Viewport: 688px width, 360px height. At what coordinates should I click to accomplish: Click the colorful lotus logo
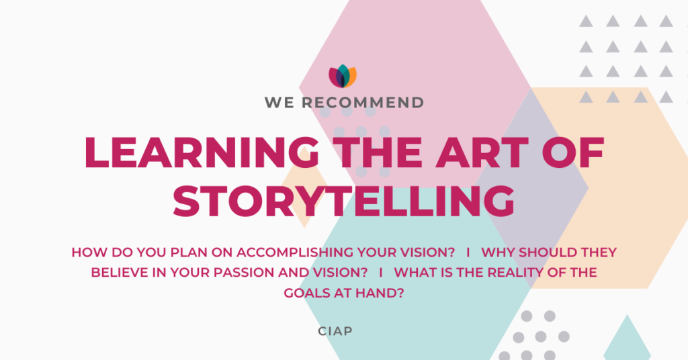[343, 77]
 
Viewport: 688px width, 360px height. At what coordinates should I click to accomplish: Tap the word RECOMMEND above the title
[363, 103]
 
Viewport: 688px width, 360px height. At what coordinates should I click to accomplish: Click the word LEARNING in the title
[202, 152]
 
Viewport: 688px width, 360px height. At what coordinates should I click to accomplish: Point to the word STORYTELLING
[343, 201]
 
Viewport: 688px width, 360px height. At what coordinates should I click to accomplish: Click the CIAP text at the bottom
[335, 331]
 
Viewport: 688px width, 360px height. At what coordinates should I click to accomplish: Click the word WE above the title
[279, 103]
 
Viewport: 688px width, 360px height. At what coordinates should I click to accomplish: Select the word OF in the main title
[573, 152]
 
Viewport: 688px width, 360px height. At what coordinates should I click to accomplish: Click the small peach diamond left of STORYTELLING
[304, 187]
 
